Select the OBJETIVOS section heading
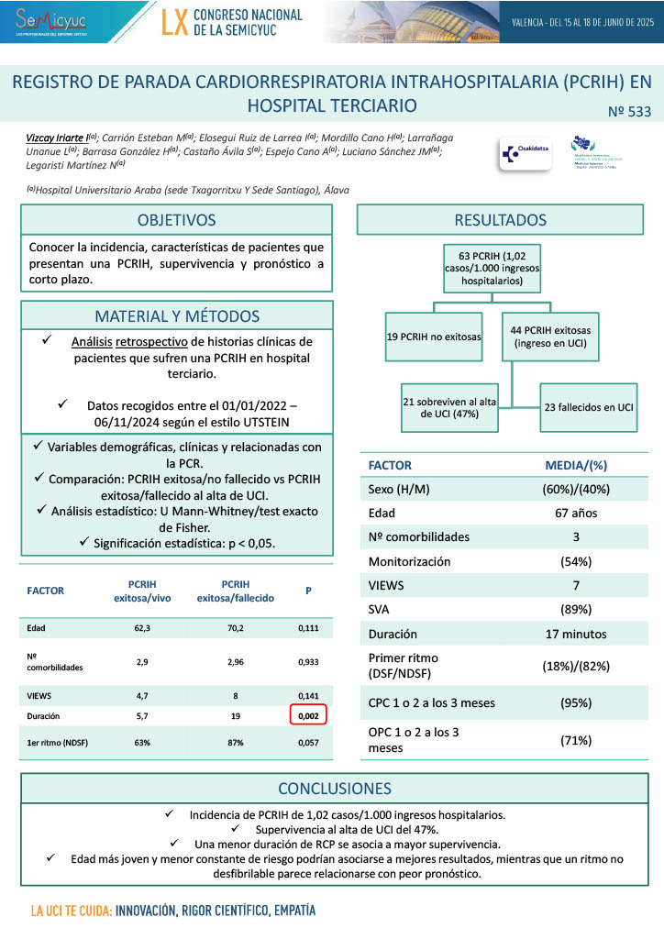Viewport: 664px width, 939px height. [177, 220]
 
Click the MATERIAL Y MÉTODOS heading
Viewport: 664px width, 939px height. [177, 315]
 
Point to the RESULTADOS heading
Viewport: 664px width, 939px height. [500, 220]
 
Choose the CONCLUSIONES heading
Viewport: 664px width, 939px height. [335, 789]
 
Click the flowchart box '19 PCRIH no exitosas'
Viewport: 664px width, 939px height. [434, 337]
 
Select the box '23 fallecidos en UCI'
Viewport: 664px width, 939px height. [589, 406]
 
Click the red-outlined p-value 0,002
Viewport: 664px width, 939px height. [308, 716]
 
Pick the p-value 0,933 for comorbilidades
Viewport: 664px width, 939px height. [308, 660]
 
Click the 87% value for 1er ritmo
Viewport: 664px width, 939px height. [235, 742]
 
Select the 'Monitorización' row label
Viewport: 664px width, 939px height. [409, 561]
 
